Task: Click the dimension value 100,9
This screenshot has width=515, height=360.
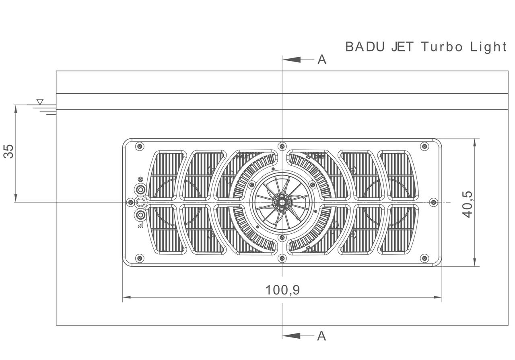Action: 282,290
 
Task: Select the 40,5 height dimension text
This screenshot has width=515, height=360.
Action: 467,204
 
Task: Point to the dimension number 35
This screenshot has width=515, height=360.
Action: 8,151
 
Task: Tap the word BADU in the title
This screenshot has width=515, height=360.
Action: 365,47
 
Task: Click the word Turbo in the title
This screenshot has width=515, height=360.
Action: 442,47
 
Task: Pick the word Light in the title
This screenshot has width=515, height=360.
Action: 488,47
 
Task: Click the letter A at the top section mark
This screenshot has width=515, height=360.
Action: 322,60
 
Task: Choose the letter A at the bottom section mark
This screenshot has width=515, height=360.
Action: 321,336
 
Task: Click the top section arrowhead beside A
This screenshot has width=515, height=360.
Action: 292,60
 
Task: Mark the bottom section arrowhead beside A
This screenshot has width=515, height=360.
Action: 292,336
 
